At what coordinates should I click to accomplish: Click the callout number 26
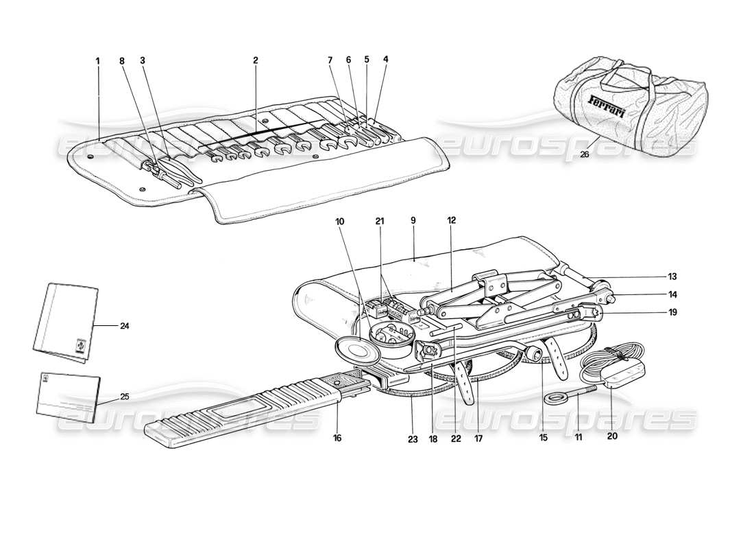(584, 154)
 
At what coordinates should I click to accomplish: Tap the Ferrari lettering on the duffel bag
(607, 106)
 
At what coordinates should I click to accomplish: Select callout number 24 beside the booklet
(124, 326)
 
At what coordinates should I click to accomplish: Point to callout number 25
(124, 397)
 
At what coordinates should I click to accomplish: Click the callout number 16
(337, 437)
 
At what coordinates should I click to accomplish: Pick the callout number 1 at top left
(98, 60)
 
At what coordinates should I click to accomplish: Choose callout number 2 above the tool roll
(255, 60)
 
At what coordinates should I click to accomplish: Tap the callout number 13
(672, 277)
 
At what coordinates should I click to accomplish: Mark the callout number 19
(672, 312)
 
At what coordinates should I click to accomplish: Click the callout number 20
(612, 435)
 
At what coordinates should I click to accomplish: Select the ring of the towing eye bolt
(554, 397)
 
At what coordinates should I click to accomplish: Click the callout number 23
(412, 437)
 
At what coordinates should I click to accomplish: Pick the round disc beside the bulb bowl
(358, 348)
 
